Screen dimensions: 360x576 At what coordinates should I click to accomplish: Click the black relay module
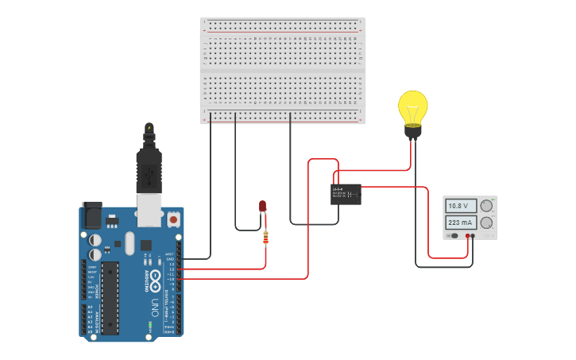point(346,194)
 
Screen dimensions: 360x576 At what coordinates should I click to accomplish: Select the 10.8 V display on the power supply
point(461,206)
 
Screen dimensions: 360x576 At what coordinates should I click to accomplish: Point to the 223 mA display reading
point(461,223)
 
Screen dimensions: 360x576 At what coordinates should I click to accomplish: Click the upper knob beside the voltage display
point(486,206)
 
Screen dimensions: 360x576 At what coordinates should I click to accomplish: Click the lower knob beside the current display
point(486,223)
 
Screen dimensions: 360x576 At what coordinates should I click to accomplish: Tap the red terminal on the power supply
point(468,235)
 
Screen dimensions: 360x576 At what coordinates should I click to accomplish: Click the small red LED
point(263,207)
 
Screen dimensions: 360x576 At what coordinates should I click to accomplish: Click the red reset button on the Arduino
point(173,218)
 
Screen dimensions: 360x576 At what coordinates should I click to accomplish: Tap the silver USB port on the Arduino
point(149,208)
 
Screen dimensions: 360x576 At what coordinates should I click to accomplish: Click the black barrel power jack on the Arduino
point(92,216)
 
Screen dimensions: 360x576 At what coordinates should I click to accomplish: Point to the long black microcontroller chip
point(110,297)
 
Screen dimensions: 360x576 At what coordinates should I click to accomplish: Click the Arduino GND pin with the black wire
point(180,258)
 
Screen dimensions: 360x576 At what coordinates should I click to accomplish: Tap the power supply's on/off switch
point(453,235)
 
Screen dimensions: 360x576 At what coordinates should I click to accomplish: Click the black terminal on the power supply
point(474,235)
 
